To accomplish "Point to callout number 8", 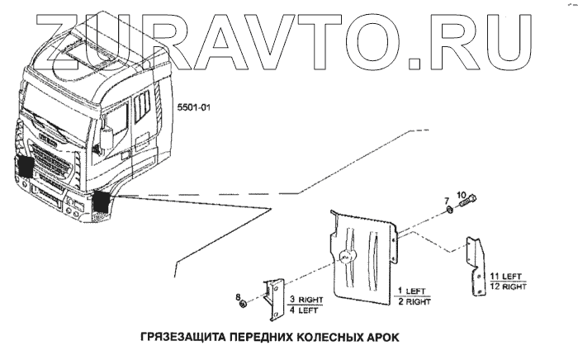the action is (x=237, y=295).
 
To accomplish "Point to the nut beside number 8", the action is (x=242, y=306).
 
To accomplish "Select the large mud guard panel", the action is (x=363, y=252).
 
